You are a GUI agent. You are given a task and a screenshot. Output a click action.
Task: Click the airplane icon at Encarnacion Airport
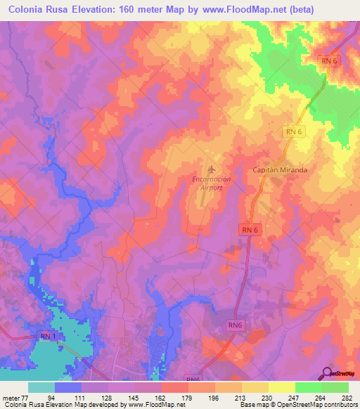click(x=211, y=169)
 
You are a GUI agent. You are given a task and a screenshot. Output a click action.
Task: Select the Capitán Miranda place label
click(x=281, y=170)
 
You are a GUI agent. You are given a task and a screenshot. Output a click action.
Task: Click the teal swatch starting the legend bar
click(x=41, y=387)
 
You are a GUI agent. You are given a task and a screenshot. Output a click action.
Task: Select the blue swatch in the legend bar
click(x=67, y=387)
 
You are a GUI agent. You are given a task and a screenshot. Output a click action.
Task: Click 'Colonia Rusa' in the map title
click(x=41, y=9)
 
